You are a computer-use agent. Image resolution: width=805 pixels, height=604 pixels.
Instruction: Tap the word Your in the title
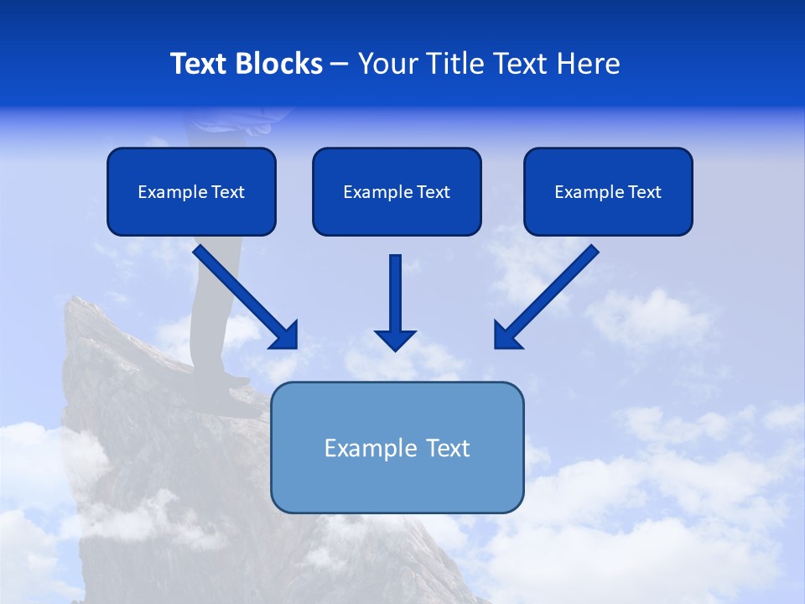pyautogui.click(x=387, y=64)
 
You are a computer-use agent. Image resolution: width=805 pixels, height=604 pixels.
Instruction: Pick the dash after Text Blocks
pyautogui.click(x=340, y=65)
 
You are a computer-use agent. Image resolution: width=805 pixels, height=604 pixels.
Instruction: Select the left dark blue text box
pyautogui.click(x=191, y=191)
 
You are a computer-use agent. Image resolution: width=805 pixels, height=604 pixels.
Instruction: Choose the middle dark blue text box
pyautogui.click(x=397, y=191)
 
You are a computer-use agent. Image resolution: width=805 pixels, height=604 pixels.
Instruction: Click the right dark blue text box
pyautogui.click(x=608, y=191)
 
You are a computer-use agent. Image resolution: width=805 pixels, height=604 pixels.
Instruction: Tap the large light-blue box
pyautogui.click(x=397, y=447)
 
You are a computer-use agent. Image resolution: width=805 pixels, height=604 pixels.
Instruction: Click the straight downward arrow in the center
pyautogui.click(x=395, y=302)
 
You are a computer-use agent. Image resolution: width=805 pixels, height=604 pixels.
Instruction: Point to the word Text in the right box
pyautogui.click(x=644, y=192)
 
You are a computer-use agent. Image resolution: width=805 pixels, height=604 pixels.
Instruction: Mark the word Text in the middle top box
pyautogui.click(x=433, y=192)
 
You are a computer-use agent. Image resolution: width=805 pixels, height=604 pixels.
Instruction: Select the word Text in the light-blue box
pyautogui.click(x=448, y=448)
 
